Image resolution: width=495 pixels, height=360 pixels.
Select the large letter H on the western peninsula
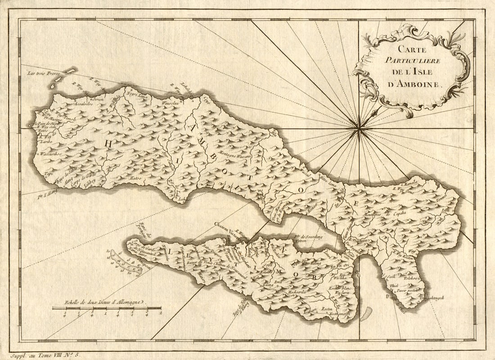(108, 144)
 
